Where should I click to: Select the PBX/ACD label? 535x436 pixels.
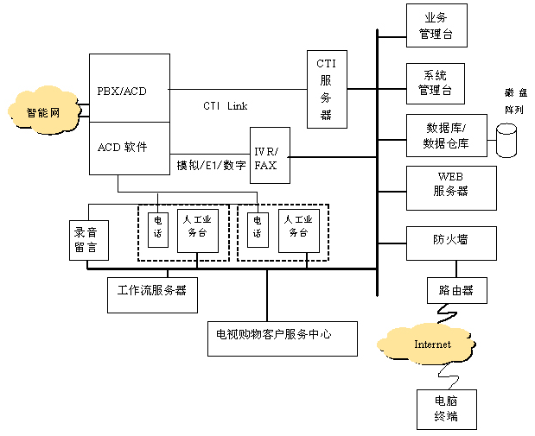122,92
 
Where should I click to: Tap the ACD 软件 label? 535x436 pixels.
122,147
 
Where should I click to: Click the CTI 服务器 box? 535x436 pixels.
326,89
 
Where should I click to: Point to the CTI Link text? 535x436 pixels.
225,106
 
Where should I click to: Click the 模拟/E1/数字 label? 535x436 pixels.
211,164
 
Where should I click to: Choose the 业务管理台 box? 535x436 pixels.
436,26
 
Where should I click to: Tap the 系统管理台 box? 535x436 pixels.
436,83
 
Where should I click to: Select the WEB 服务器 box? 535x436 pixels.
451,187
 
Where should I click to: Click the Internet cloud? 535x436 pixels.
432,344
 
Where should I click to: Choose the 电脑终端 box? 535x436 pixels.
445,409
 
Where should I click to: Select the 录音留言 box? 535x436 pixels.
86,240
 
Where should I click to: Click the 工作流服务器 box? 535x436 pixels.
152,293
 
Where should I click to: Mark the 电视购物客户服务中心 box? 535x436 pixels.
282,337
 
